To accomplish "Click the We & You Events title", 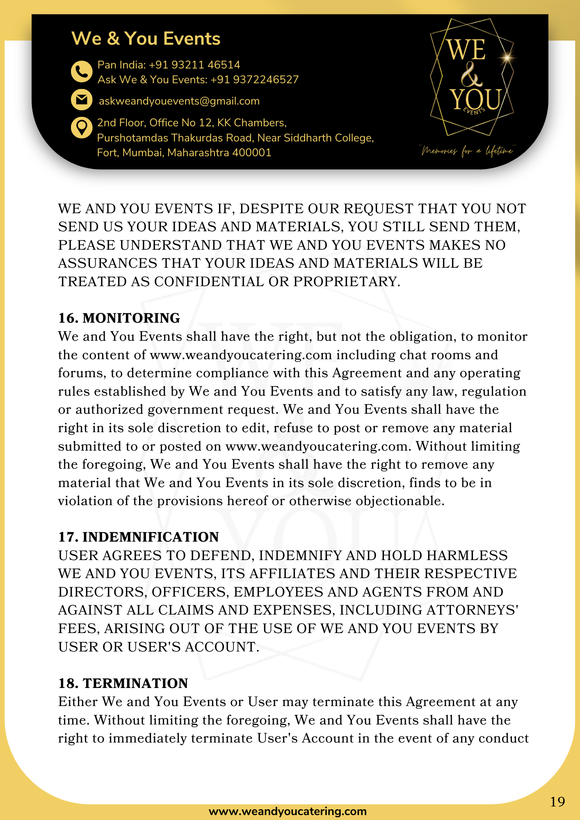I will [146, 39].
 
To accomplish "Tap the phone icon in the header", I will [82, 72].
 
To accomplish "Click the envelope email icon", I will [82, 100].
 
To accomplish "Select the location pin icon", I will [82, 128].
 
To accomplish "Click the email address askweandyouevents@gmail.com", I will [179, 101].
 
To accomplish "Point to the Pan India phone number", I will [194, 65].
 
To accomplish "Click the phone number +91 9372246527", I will [254, 80].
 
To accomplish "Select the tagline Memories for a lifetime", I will [467, 151].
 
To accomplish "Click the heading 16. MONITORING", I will [119, 318].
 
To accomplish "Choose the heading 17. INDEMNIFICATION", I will [138, 537].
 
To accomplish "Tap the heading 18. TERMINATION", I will [123, 683].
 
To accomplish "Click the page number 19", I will [557, 802].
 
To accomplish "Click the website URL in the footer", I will [288, 811].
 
